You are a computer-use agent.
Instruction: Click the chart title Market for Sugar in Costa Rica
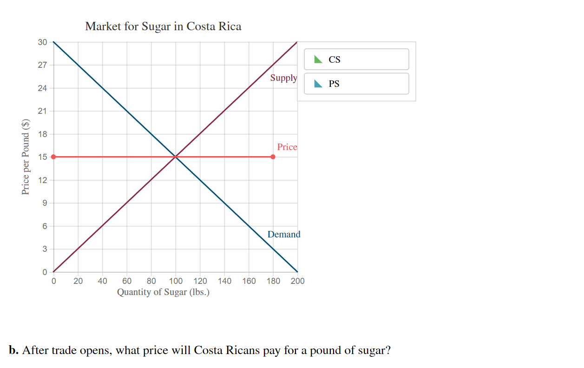click(x=163, y=26)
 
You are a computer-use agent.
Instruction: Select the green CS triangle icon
click(x=318, y=59)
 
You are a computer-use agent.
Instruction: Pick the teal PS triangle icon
click(x=318, y=84)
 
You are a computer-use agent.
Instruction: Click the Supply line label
click(x=283, y=78)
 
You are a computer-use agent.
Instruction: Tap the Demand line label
click(x=284, y=235)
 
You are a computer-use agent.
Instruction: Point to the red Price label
click(x=287, y=147)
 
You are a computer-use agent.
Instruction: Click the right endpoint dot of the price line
click(x=273, y=157)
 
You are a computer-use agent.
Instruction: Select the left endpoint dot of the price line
click(x=53, y=157)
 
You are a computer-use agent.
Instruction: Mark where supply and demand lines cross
click(x=176, y=157)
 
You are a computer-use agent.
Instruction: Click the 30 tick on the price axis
click(x=42, y=42)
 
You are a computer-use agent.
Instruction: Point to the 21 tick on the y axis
click(x=42, y=111)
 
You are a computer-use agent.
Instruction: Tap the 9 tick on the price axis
click(x=44, y=203)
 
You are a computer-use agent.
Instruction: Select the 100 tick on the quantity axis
click(x=176, y=281)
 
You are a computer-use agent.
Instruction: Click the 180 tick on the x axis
click(x=273, y=281)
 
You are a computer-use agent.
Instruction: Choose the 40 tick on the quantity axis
click(x=102, y=281)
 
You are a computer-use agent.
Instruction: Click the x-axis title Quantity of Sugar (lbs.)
click(x=163, y=292)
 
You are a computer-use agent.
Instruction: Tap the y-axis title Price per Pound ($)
click(x=26, y=157)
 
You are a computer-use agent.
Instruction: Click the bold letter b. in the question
click(x=13, y=350)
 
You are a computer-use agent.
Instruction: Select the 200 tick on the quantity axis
click(x=297, y=281)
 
